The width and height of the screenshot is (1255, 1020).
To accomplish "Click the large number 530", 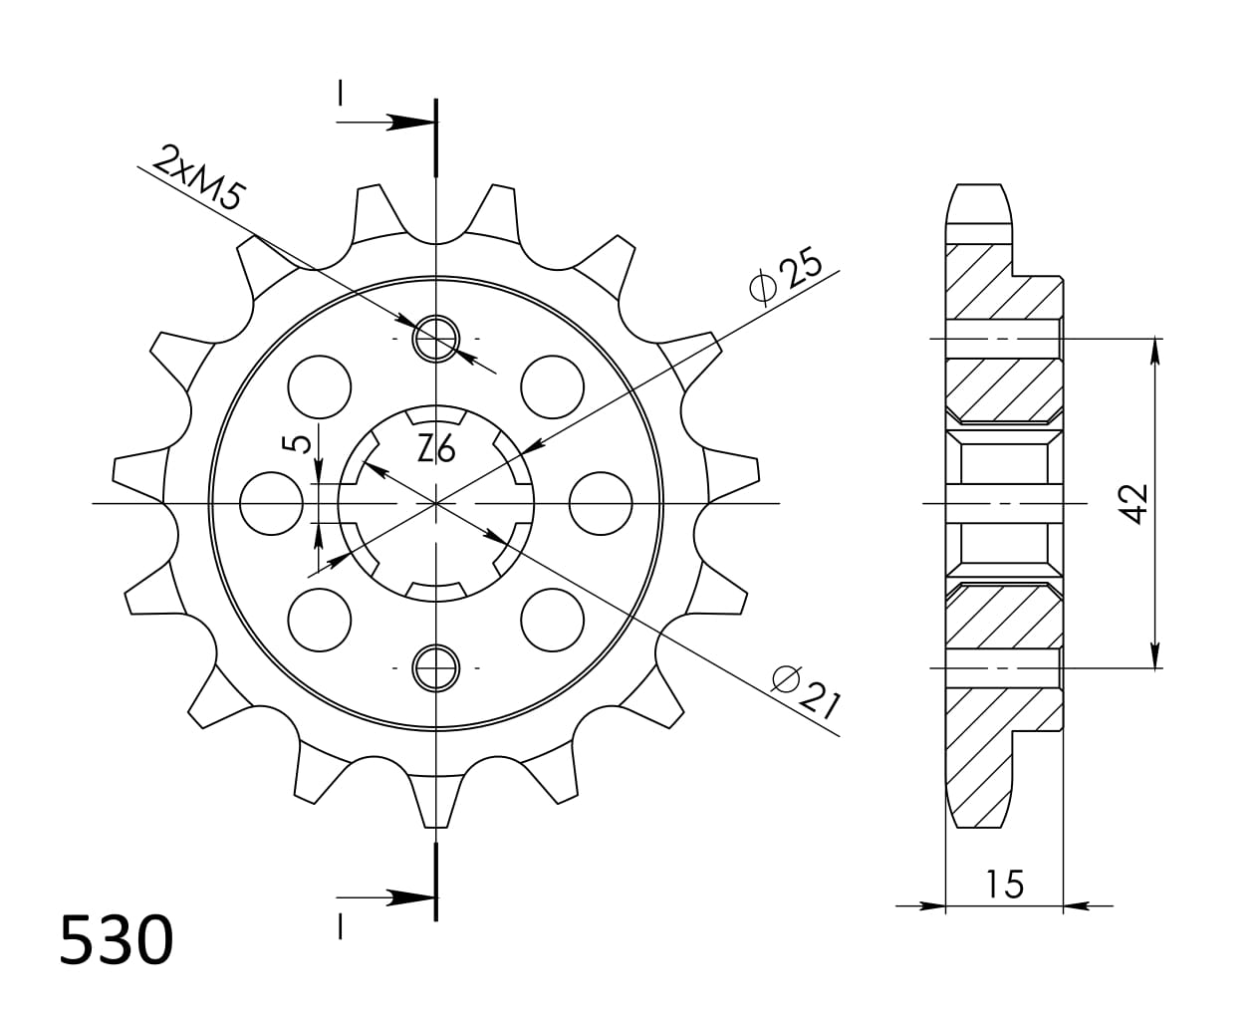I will point(117,941).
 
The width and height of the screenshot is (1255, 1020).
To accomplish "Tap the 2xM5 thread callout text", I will point(199,176).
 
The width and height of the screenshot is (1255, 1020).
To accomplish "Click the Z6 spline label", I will point(436,451).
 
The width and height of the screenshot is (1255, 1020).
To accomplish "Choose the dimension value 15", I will point(1005,884).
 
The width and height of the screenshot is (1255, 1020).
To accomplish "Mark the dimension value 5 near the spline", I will point(298,442).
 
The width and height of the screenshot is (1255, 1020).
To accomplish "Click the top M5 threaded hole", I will point(436,339).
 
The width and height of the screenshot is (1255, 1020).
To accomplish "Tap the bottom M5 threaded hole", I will point(436,667).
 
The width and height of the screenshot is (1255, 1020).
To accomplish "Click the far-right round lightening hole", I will point(601,503).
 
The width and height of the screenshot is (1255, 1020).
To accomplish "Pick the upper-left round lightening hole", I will point(320,386).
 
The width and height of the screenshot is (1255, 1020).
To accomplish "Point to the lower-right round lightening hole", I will point(553,620).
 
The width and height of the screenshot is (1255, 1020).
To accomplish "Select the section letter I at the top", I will point(340,93).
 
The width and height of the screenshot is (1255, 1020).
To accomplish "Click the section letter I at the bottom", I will point(340,927).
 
